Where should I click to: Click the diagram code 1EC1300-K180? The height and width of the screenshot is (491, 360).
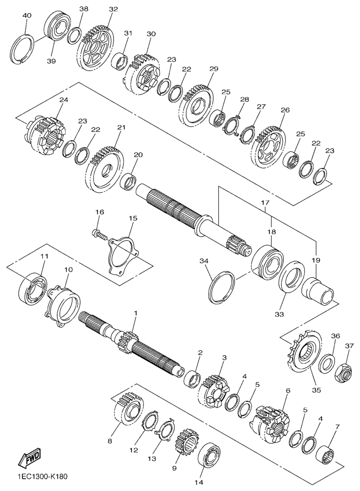42,477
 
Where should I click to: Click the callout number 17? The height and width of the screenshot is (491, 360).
265,202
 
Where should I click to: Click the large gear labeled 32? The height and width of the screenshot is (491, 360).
94,49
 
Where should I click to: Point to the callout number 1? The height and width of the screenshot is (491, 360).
136,313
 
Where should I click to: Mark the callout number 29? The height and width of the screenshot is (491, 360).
214,69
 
